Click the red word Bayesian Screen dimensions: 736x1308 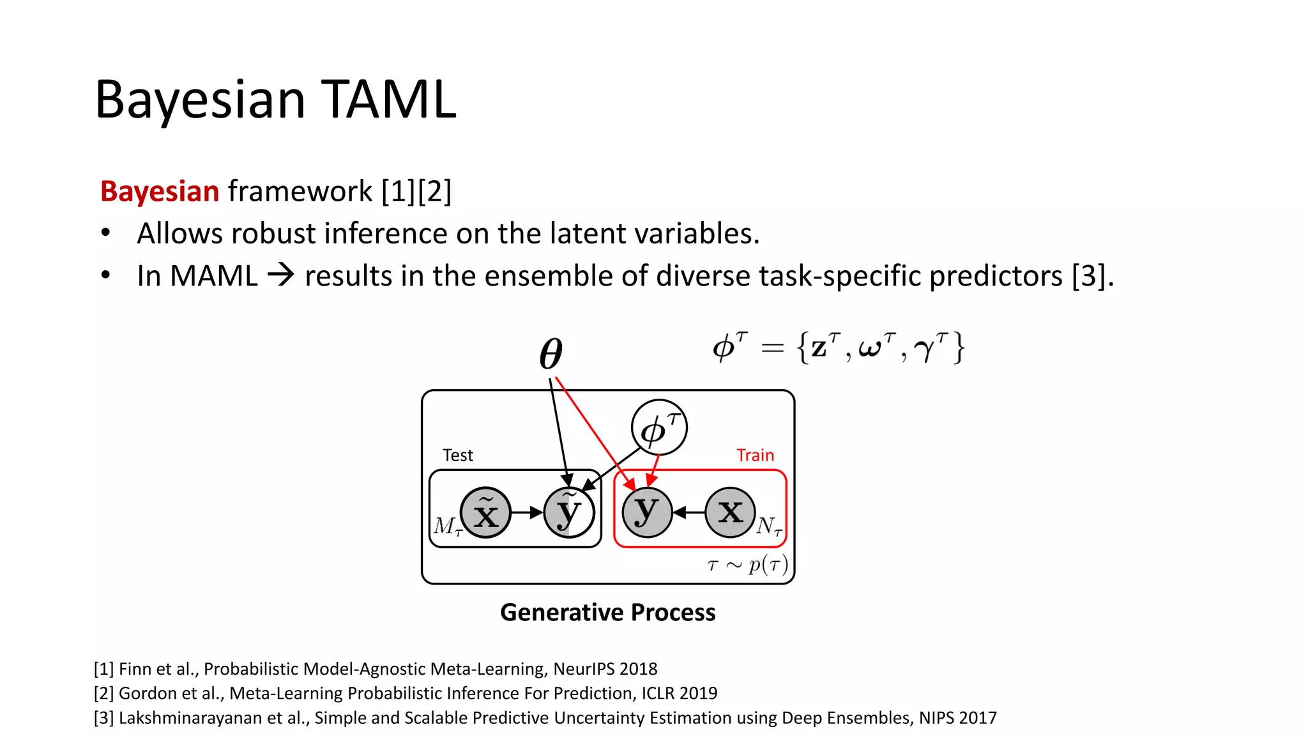[160, 192]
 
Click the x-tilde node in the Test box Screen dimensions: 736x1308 [485, 512]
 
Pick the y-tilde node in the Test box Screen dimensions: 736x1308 [569, 512]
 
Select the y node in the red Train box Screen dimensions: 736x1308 [647, 512]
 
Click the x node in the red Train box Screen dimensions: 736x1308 [731, 512]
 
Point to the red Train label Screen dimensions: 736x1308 [755, 456]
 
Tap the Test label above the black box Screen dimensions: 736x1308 [458, 456]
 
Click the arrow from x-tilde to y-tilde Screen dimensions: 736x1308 [527, 512]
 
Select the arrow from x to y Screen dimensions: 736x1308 [689, 512]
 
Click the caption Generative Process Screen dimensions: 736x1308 [607, 612]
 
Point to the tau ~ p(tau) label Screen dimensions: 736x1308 [747, 565]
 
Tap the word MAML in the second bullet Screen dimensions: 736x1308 [214, 276]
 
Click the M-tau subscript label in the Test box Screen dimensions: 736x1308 [447, 526]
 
